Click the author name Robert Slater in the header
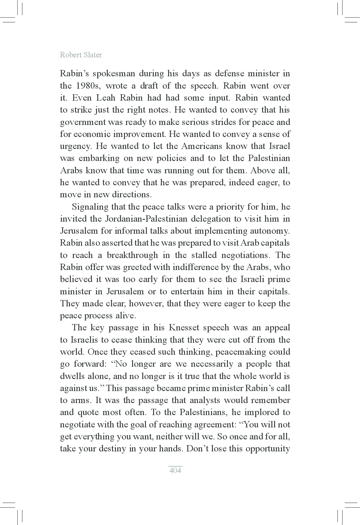81,55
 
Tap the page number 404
175,470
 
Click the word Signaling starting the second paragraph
90,207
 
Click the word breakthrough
132,255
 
